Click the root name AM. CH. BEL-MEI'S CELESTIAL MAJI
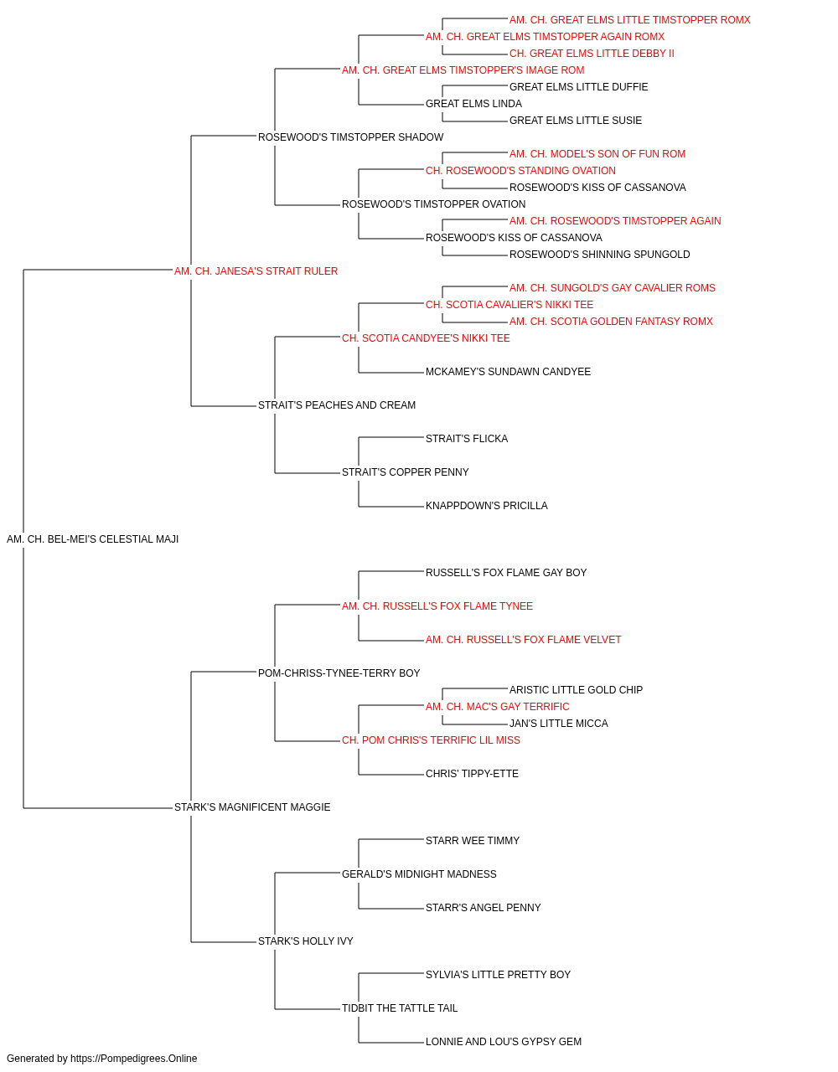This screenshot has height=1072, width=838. pyautogui.click(x=92, y=539)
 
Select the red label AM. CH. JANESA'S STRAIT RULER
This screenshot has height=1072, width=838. pyautogui.click(x=256, y=271)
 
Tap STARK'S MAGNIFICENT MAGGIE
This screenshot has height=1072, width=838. pyautogui.click(x=252, y=807)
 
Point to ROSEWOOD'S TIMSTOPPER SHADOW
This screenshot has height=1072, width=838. pyautogui.click(x=350, y=137)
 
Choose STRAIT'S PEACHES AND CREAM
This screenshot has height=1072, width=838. pyautogui.click(x=337, y=405)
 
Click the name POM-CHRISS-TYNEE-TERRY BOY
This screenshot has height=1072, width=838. pyautogui.click(x=339, y=673)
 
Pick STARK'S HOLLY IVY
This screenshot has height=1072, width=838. pyautogui.click(x=306, y=941)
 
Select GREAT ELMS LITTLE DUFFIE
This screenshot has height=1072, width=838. pyautogui.click(x=578, y=87)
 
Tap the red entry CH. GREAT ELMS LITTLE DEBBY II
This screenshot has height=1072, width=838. pyautogui.click(x=592, y=54)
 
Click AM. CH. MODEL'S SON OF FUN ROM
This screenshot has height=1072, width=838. pyautogui.click(x=597, y=154)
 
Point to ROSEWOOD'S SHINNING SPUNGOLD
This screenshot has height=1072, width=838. pyautogui.click(x=600, y=255)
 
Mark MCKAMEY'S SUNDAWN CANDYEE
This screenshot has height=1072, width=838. pyautogui.click(x=508, y=372)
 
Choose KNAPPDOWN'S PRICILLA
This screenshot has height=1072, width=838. pyautogui.click(x=487, y=506)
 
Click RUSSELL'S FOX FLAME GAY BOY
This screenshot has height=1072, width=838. pyautogui.click(x=506, y=573)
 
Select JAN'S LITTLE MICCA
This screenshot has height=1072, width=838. pyautogui.click(x=559, y=724)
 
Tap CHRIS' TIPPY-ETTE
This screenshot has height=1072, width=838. pyautogui.click(x=472, y=774)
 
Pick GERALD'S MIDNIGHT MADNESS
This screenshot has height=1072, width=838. pyautogui.click(x=419, y=874)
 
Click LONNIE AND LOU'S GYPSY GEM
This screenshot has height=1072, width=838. pyautogui.click(x=504, y=1041)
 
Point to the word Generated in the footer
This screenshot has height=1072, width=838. pyautogui.click(x=30, y=1059)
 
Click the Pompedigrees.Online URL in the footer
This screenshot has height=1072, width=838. pyautogui.click(x=134, y=1059)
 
